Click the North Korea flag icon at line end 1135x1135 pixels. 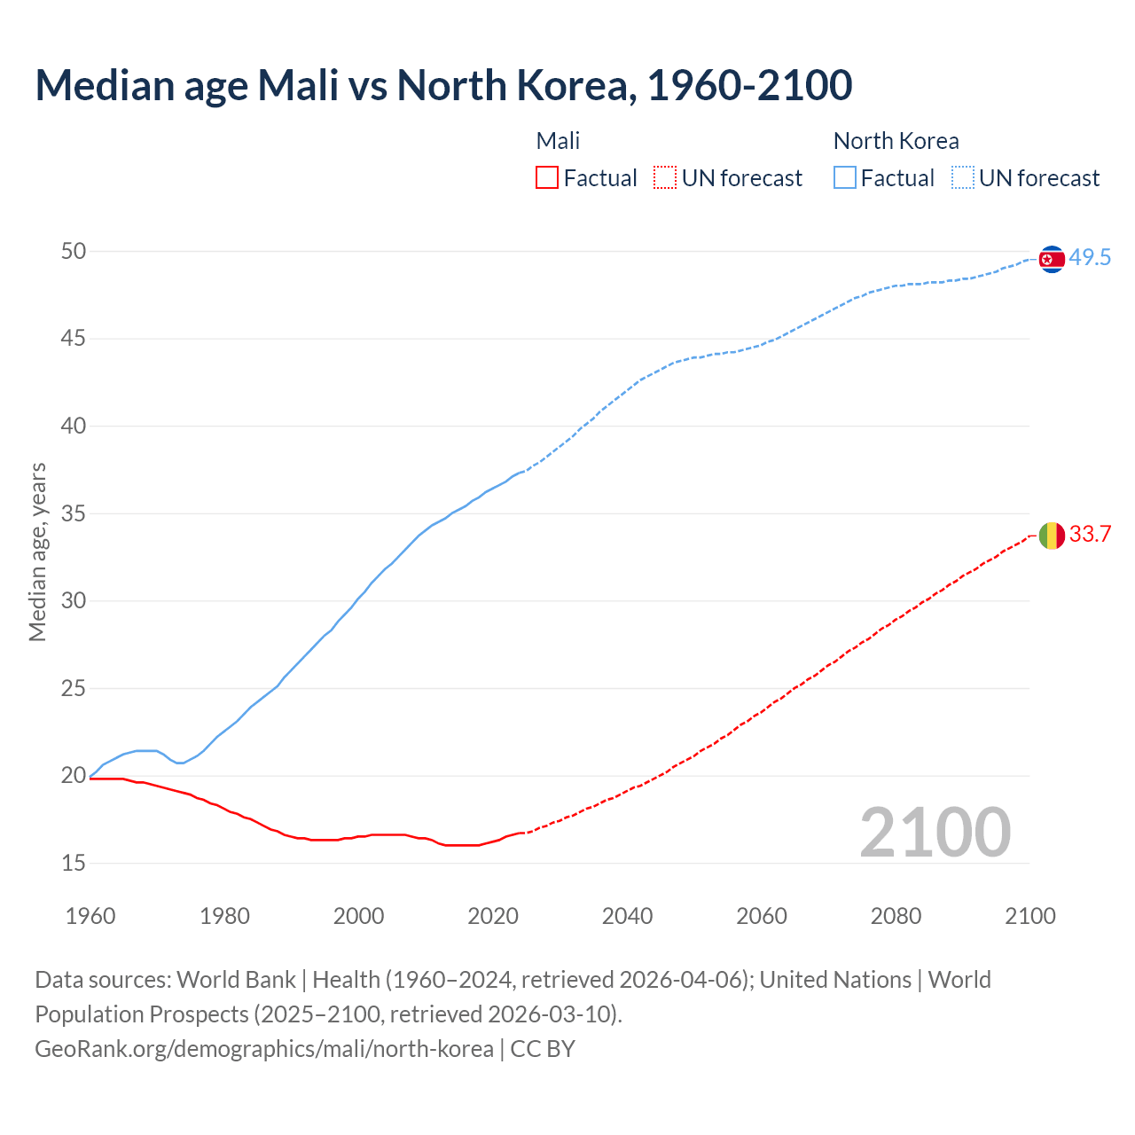[x=1052, y=259]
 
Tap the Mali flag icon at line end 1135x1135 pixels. [x=1052, y=536]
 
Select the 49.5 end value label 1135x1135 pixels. [x=1090, y=258]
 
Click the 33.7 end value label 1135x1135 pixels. [x=1090, y=535]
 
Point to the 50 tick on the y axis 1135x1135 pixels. [x=74, y=252]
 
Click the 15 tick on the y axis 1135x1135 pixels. [x=74, y=863]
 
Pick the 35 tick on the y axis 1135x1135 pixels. [x=74, y=513]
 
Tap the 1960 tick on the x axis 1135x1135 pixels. [x=90, y=916]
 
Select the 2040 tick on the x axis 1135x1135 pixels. [x=627, y=916]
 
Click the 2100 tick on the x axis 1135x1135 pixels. [x=1029, y=916]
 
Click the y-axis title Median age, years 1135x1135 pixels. [x=37, y=552]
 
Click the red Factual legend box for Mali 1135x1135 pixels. [x=547, y=178]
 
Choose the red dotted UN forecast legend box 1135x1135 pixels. [x=665, y=178]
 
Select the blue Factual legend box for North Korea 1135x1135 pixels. [x=845, y=178]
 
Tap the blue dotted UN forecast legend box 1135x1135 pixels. [x=963, y=178]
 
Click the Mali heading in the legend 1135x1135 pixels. [x=558, y=141]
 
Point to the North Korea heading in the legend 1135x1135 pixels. [x=896, y=141]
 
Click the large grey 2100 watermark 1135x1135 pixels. [x=935, y=832]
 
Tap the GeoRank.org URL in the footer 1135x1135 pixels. [x=264, y=1049]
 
